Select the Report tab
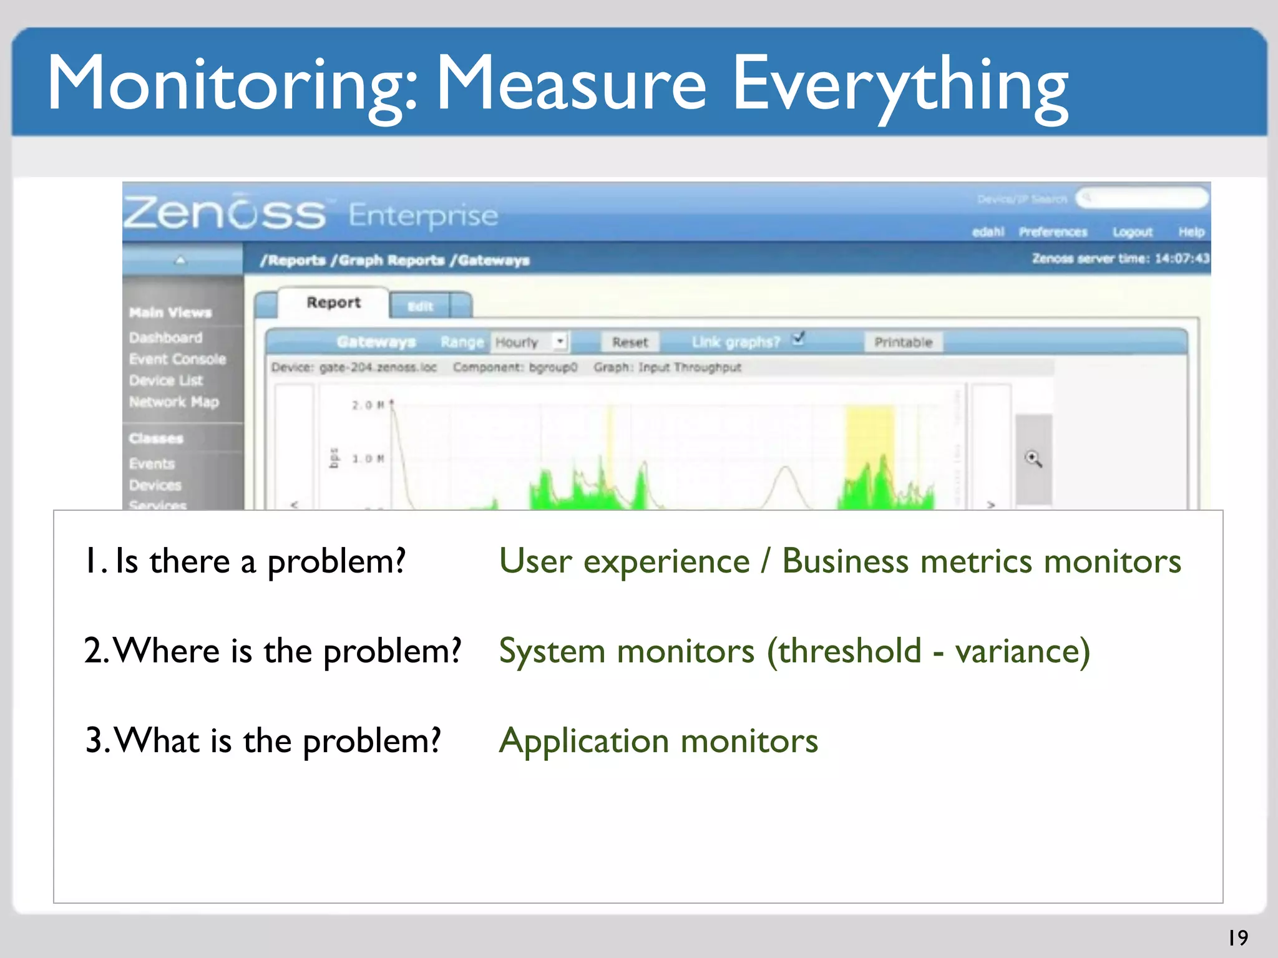tap(333, 302)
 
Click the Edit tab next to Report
tap(420, 306)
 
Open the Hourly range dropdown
tap(560, 341)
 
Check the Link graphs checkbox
tap(798, 339)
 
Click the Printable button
tap(902, 342)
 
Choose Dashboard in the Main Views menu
tap(166, 337)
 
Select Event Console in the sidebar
tap(177, 359)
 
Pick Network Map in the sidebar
tap(173, 402)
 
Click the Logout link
tap(1132, 232)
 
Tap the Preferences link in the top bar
tap(1053, 232)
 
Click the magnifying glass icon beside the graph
tap(1033, 460)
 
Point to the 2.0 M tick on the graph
tap(368, 405)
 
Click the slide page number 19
tap(1238, 937)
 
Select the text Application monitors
tap(658, 741)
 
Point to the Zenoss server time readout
tap(1120, 258)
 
